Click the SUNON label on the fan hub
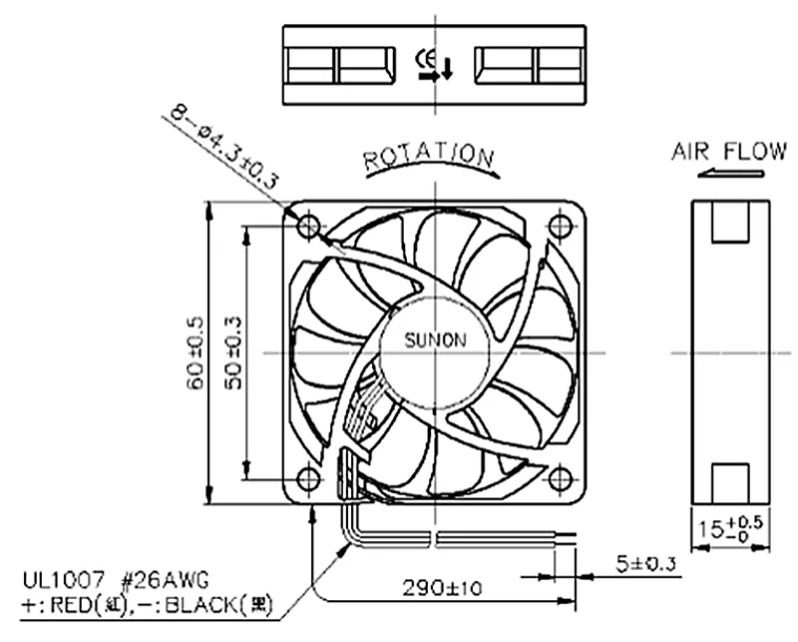click(x=435, y=339)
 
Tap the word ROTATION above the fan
click(x=429, y=157)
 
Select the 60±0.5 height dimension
click(x=196, y=353)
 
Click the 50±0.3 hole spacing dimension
click(x=233, y=353)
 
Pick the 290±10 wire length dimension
click(x=443, y=587)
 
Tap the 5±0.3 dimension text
click(x=646, y=565)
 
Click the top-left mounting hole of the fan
click(x=310, y=226)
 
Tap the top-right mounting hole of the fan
click(x=562, y=226)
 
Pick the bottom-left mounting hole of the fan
click(x=310, y=480)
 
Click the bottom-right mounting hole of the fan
click(x=562, y=480)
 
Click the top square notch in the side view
click(x=731, y=221)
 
